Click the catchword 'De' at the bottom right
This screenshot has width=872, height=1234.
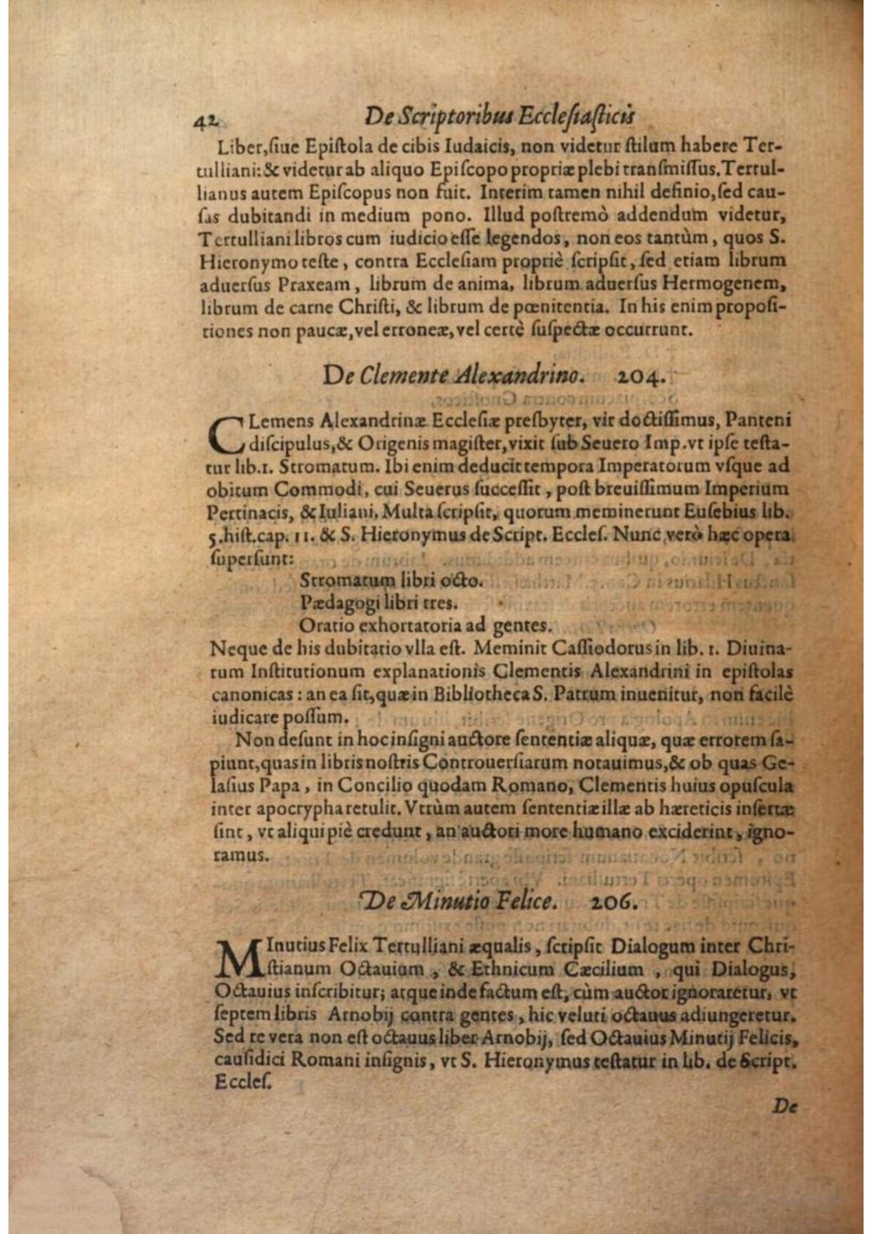click(784, 1105)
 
